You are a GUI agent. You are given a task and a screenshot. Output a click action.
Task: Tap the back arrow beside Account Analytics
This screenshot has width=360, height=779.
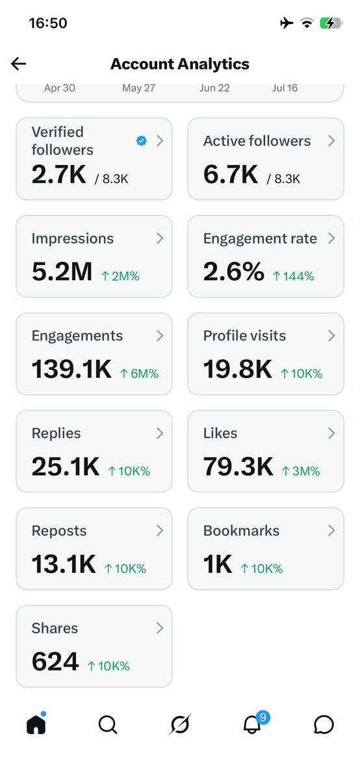point(18,64)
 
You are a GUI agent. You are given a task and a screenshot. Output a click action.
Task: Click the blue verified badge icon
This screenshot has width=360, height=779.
point(142,141)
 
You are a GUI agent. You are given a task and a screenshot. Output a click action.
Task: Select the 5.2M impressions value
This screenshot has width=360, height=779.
point(62,272)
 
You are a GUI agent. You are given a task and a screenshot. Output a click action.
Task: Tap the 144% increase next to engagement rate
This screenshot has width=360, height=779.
point(293,276)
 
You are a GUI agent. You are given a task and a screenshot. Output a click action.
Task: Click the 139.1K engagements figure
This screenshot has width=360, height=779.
point(71,369)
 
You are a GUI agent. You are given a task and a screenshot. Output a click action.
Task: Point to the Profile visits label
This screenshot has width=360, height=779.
point(244,336)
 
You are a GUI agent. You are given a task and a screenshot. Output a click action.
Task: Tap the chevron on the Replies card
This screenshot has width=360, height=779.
point(160,433)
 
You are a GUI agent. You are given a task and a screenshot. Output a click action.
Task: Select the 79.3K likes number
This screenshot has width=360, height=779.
point(238,466)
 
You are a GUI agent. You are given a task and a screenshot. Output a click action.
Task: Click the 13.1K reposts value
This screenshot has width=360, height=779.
point(64,564)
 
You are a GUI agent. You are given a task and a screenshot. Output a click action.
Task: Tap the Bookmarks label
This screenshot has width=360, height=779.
point(241,531)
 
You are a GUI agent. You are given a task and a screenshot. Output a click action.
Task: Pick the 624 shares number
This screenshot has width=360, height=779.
point(55,661)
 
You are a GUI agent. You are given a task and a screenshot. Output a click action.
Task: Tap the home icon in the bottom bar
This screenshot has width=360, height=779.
point(36,724)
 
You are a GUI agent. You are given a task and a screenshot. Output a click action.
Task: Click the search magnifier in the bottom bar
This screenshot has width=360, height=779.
point(108,725)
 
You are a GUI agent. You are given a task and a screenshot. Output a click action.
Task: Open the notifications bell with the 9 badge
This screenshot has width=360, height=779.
point(251,725)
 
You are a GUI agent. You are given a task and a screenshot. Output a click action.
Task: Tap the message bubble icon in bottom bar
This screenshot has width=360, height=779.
point(324,725)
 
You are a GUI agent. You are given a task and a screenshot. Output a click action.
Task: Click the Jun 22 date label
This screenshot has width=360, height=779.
point(215,88)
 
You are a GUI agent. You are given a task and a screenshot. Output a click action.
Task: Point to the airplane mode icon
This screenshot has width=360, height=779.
point(287,23)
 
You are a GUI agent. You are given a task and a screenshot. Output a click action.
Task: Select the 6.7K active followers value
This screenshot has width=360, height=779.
point(231,174)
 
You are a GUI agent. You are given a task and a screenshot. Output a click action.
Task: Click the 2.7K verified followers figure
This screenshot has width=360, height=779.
point(59,174)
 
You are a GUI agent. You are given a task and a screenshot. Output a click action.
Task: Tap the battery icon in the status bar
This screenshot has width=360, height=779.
point(331,23)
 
